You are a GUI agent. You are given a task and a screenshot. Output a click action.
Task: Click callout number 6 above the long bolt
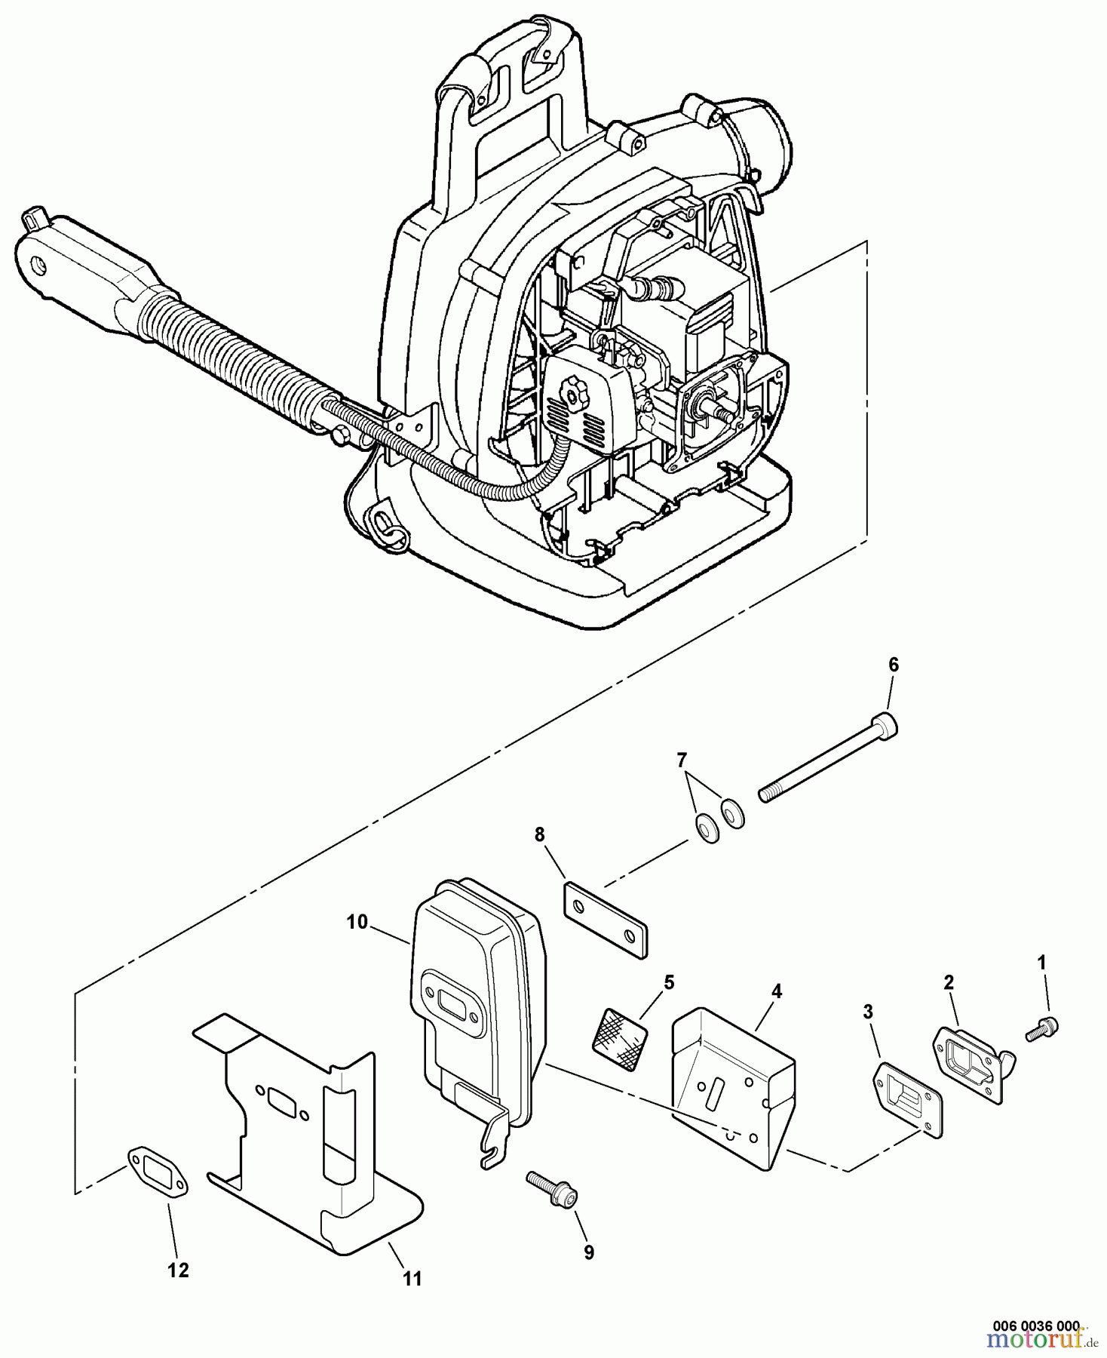(893, 665)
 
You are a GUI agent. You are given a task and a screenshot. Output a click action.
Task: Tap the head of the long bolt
(888, 724)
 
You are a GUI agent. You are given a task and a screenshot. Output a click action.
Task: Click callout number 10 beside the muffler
(357, 922)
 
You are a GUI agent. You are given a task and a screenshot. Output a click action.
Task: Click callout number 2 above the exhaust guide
(949, 982)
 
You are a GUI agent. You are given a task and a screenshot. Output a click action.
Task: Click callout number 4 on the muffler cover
(777, 991)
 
